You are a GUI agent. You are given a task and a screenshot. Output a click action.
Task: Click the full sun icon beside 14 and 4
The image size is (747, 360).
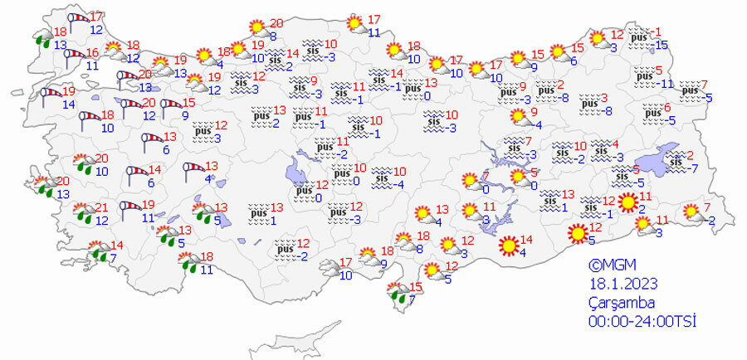pyautogui.click(x=507, y=246)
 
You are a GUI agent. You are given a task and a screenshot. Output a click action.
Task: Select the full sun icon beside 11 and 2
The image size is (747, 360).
pyautogui.click(x=628, y=202)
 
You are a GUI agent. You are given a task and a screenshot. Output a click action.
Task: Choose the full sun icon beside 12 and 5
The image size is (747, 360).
pyautogui.click(x=576, y=234)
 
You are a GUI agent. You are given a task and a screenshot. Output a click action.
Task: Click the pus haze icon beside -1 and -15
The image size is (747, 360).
pyautogui.click(x=638, y=37)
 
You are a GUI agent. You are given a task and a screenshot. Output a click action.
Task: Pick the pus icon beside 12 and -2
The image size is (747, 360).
pyautogui.click(x=286, y=247)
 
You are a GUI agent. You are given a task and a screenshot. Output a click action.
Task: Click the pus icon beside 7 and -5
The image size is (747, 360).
pyautogui.click(x=689, y=88)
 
